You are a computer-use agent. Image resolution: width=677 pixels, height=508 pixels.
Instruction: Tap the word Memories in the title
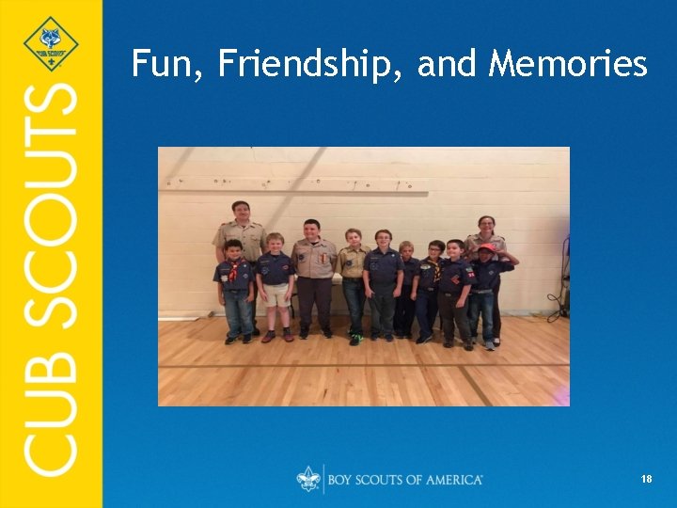click(568, 64)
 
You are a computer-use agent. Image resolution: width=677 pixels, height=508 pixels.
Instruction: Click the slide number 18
click(646, 480)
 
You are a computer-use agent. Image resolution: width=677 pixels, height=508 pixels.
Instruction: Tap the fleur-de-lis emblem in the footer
click(307, 479)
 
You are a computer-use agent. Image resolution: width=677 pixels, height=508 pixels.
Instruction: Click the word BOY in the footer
click(341, 480)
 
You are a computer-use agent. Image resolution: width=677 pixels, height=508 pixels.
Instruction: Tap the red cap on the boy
click(486, 248)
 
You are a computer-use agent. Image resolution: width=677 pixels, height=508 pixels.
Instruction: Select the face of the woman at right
click(486, 225)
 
